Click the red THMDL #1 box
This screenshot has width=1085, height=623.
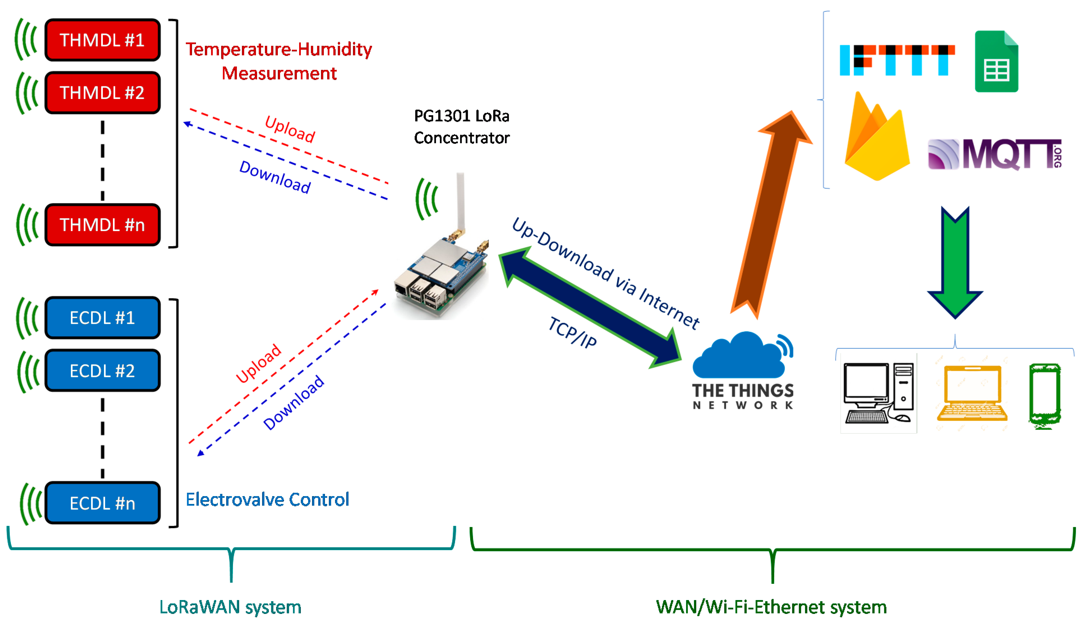pyautogui.click(x=102, y=40)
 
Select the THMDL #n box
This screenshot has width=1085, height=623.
pyautogui.click(x=102, y=225)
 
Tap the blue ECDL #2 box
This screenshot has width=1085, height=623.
pyautogui.click(x=102, y=371)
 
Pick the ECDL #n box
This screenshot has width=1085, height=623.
pyautogui.click(x=102, y=503)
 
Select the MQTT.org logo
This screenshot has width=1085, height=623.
pyautogui.click(x=994, y=154)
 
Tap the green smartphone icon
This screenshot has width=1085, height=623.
pyautogui.click(x=1045, y=396)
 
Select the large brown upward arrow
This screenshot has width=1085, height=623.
pyautogui.click(x=771, y=214)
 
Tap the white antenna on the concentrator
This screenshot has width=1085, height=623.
pyautogui.click(x=460, y=201)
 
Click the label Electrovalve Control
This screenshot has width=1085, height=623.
pyautogui.click(x=267, y=500)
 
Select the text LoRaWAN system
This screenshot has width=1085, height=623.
pyautogui.click(x=230, y=607)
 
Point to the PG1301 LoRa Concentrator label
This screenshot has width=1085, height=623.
pyautogui.click(x=461, y=127)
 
